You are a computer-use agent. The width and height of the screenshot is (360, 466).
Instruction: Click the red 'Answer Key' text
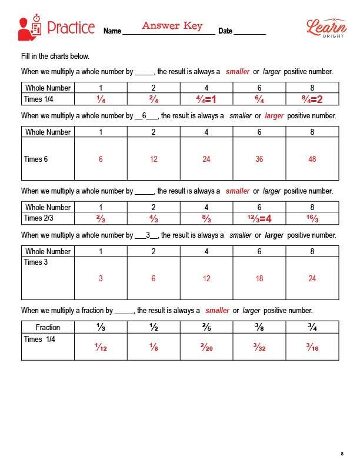(172, 26)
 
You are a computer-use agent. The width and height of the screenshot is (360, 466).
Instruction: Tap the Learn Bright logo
(324, 27)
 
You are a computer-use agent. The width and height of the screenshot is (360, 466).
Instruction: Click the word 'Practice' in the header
(71, 28)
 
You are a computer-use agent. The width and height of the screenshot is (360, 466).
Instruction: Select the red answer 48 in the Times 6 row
(312, 159)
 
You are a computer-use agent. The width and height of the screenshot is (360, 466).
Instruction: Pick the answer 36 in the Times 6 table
(259, 159)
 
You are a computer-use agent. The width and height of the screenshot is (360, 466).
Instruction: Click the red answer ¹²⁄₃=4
(259, 219)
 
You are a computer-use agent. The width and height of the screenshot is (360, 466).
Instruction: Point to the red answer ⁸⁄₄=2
(312, 99)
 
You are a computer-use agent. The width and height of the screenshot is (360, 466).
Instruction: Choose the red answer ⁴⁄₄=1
(206, 99)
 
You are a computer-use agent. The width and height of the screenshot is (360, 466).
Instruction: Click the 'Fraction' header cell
(48, 327)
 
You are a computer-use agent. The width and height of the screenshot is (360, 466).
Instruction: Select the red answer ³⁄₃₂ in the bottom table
(259, 347)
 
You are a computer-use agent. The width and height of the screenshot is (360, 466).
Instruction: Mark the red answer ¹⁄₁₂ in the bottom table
(101, 347)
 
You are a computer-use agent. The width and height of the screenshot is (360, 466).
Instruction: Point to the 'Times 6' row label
(36, 159)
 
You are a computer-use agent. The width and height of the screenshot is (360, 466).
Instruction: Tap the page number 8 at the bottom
(342, 453)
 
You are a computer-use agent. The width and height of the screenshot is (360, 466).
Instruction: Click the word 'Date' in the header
(225, 31)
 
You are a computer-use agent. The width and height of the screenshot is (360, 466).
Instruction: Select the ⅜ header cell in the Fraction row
(259, 327)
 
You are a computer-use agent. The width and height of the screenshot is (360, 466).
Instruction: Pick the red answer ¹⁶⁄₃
(312, 219)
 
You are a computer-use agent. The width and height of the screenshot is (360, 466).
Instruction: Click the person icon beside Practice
(29, 28)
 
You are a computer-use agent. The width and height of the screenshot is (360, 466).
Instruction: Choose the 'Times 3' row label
(36, 262)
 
